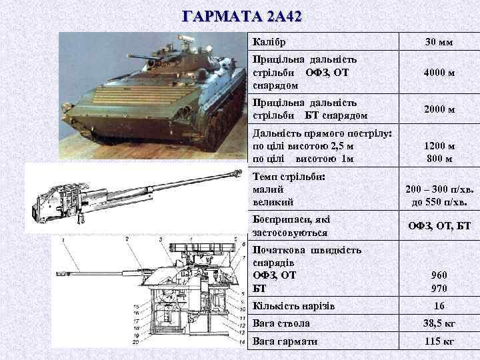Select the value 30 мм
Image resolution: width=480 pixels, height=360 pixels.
point(439,43)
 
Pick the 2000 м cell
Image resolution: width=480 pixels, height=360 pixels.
point(439,109)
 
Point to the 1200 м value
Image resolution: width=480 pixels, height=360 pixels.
point(439,146)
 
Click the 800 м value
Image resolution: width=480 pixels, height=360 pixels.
point(439,159)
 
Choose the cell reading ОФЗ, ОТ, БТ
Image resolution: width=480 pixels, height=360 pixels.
point(439,227)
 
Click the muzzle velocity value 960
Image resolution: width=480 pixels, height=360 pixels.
point(439,275)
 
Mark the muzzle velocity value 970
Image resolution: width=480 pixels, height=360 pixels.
point(439,288)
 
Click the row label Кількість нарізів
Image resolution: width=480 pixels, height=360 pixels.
point(291,306)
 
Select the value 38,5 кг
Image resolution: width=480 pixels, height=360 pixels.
point(439,323)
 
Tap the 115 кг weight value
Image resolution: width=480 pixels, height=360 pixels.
point(439,341)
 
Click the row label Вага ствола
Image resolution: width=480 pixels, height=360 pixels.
point(281,323)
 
